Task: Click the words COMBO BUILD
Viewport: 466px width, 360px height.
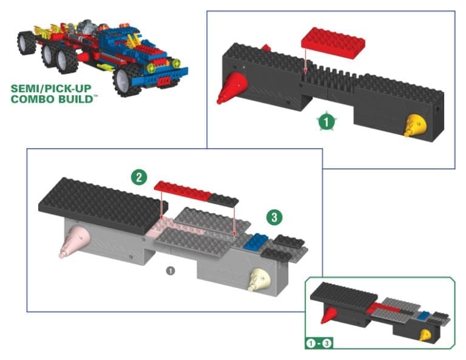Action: [52, 98]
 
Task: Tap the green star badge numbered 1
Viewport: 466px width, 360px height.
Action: [326, 121]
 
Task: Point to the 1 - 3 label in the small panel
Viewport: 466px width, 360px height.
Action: [318, 343]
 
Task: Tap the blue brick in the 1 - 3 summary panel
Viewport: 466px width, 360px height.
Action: [426, 316]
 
